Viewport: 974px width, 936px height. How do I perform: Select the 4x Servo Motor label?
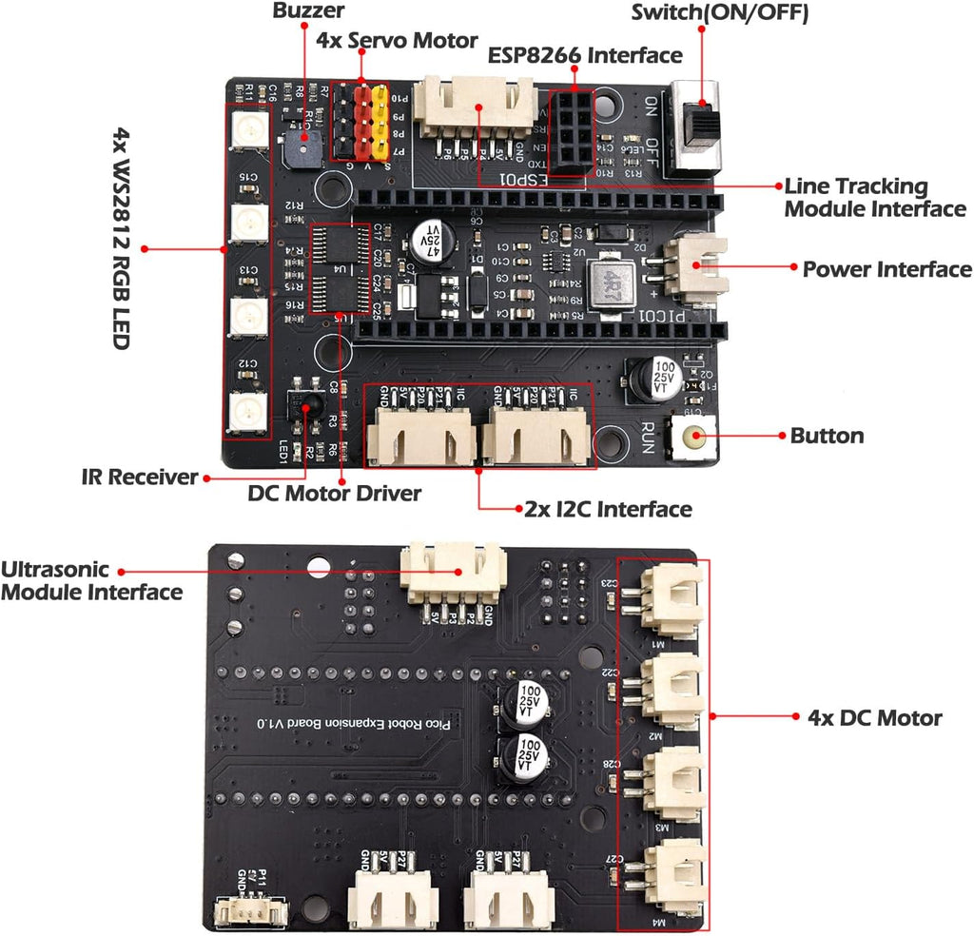pyautogui.click(x=397, y=41)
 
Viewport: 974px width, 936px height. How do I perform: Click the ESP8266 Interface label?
pyautogui.click(x=584, y=54)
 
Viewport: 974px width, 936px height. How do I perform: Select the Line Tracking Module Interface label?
pyautogui.click(x=874, y=198)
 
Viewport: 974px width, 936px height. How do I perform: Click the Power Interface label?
pyautogui.click(x=886, y=269)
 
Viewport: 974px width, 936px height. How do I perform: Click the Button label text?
pyautogui.click(x=827, y=437)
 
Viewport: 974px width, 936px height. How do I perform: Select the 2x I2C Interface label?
pyautogui.click(x=608, y=509)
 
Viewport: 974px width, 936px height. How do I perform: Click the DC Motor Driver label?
pyautogui.click(x=334, y=494)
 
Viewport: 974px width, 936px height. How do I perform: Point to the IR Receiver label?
pyautogui.click(x=139, y=477)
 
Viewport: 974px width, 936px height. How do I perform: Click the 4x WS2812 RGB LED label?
pyautogui.click(x=122, y=238)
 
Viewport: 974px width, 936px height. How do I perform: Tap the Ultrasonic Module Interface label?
pyautogui.click(x=91, y=581)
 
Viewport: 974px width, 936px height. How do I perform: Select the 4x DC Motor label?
pyautogui.click(x=874, y=718)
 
